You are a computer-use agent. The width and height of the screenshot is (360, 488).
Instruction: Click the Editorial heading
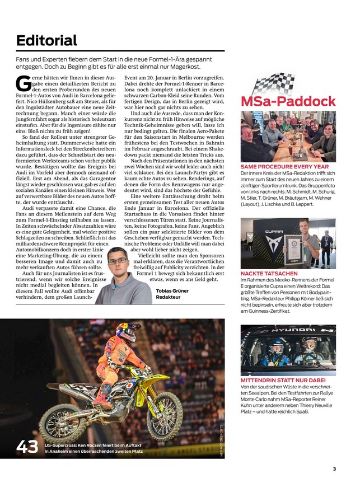46,41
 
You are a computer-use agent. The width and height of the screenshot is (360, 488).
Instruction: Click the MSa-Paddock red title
288,102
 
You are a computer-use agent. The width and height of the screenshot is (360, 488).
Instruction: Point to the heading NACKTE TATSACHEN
265,273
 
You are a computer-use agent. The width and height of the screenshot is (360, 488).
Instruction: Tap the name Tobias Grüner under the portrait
172,292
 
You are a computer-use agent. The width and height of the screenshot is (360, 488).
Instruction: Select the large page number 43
27,447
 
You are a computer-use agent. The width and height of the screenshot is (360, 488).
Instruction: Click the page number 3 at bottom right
334,469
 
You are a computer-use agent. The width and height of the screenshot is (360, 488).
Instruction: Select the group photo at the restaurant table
288,136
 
